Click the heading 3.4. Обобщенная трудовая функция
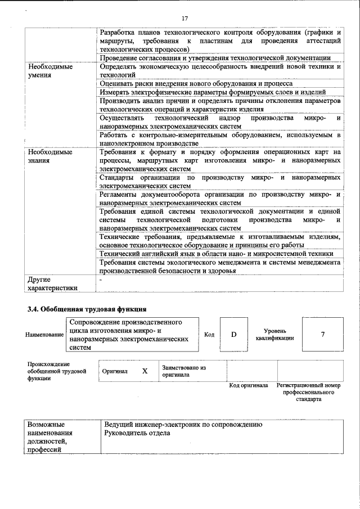[x=87, y=309]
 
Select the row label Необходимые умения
[x=50, y=70]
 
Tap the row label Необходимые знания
[x=50, y=156]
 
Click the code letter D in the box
[x=233, y=335]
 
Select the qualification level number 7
[x=323, y=335]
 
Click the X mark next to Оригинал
[x=145, y=371]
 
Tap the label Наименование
[x=44, y=335]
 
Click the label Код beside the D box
[x=209, y=335]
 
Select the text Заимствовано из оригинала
[x=183, y=371]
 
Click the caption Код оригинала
[x=248, y=385]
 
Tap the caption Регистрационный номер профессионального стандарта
[x=309, y=392]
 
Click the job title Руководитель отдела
[x=137, y=433]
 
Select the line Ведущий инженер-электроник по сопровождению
[x=183, y=424]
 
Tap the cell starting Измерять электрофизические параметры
[x=213, y=92]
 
